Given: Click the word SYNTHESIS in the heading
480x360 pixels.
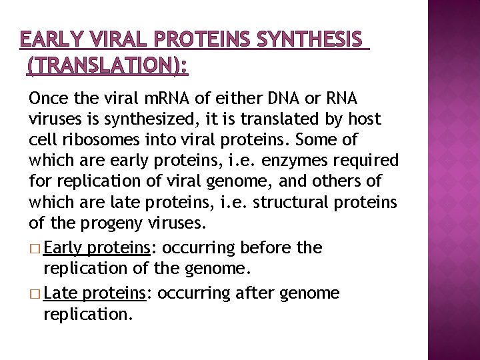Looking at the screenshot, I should click(312, 41).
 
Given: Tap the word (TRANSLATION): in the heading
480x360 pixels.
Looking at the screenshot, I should click(107, 65).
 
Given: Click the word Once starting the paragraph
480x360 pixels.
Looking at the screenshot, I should click(48, 99).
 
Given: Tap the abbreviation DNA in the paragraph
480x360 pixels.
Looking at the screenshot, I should click(285, 99).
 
